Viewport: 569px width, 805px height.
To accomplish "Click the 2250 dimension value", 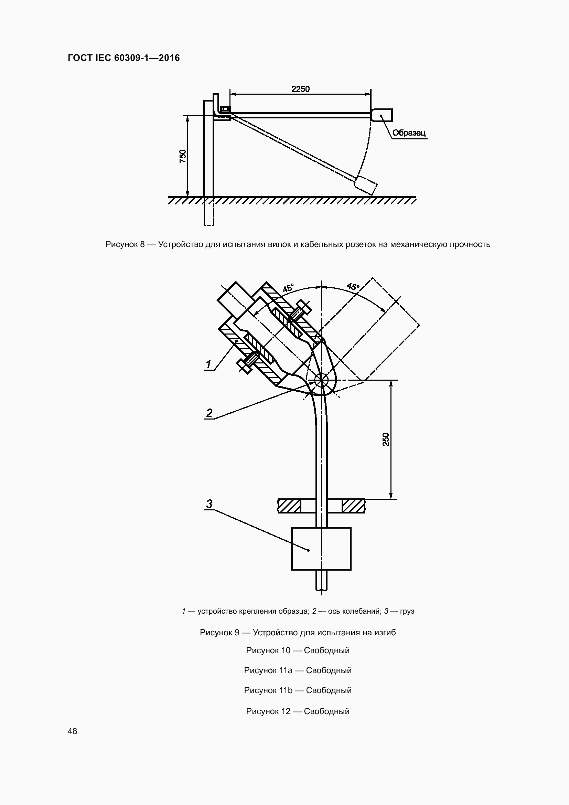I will click(300, 89).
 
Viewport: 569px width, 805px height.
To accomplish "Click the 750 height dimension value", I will click(183, 156).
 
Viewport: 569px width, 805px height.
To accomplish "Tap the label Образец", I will click(409, 133).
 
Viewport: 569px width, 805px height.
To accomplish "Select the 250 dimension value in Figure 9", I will click(386, 439).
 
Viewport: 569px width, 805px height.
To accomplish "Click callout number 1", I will click(208, 364).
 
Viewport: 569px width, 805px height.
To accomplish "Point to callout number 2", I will click(209, 413).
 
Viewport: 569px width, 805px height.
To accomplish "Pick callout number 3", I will click(209, 504).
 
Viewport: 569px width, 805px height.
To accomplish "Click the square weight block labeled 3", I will click(321, 549).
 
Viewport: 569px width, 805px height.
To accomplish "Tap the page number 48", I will click(73, 731).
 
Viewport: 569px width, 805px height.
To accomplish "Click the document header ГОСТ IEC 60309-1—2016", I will click(124, 58).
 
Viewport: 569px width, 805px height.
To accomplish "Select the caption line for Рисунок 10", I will click(298, 650).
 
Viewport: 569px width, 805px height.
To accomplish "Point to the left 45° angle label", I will click(288, 288).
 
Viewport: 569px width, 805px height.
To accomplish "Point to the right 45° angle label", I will click(353, 287).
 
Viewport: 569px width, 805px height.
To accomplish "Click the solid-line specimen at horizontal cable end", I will click(382, 115).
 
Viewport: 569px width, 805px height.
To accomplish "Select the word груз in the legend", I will click(407, 611).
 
